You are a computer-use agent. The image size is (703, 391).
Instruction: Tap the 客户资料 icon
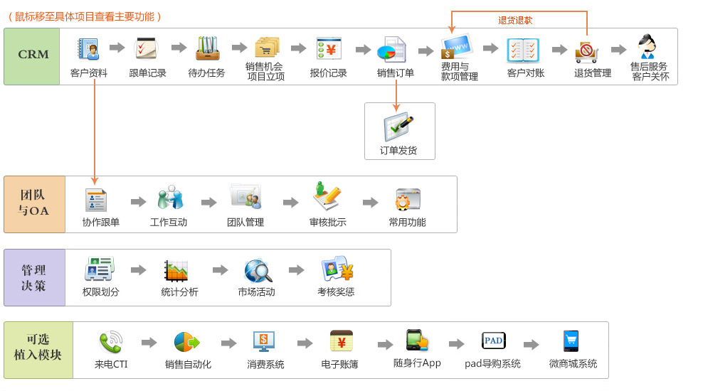(89, 49)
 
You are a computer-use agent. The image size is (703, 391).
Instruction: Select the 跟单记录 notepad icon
(147, 49)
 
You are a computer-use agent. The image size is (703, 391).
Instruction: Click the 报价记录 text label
(329, 73)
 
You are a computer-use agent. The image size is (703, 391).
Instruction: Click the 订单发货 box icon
(398, 127)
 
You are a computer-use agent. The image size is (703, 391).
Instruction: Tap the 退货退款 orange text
(515, 21)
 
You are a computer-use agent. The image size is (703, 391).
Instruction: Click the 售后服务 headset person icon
(647, 46)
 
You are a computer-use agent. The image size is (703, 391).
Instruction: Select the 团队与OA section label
(34, 204)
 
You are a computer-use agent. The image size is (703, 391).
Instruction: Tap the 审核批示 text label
(328, 222)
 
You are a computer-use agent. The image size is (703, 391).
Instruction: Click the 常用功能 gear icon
(408, 199)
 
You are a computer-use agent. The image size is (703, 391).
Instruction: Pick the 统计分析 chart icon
(176, 271)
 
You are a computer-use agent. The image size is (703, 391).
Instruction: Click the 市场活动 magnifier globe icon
(258, 271)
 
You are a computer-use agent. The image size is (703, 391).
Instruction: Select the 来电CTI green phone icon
(110, 343)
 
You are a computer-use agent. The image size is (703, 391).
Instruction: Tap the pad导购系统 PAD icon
(493, 341)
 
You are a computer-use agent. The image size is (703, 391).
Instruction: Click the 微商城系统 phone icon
(571, 341)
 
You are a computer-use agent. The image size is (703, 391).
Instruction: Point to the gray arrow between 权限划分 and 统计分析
(139, 271)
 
